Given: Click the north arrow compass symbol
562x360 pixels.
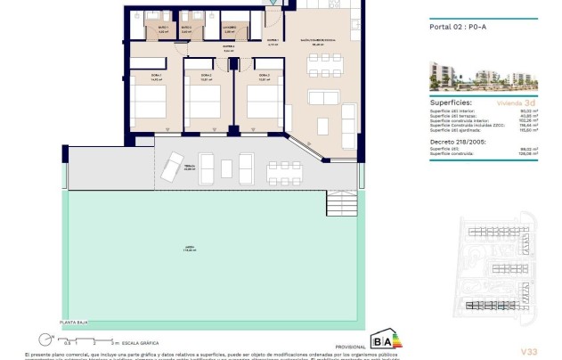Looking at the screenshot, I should pyautogui.click(x=45, y=340).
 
